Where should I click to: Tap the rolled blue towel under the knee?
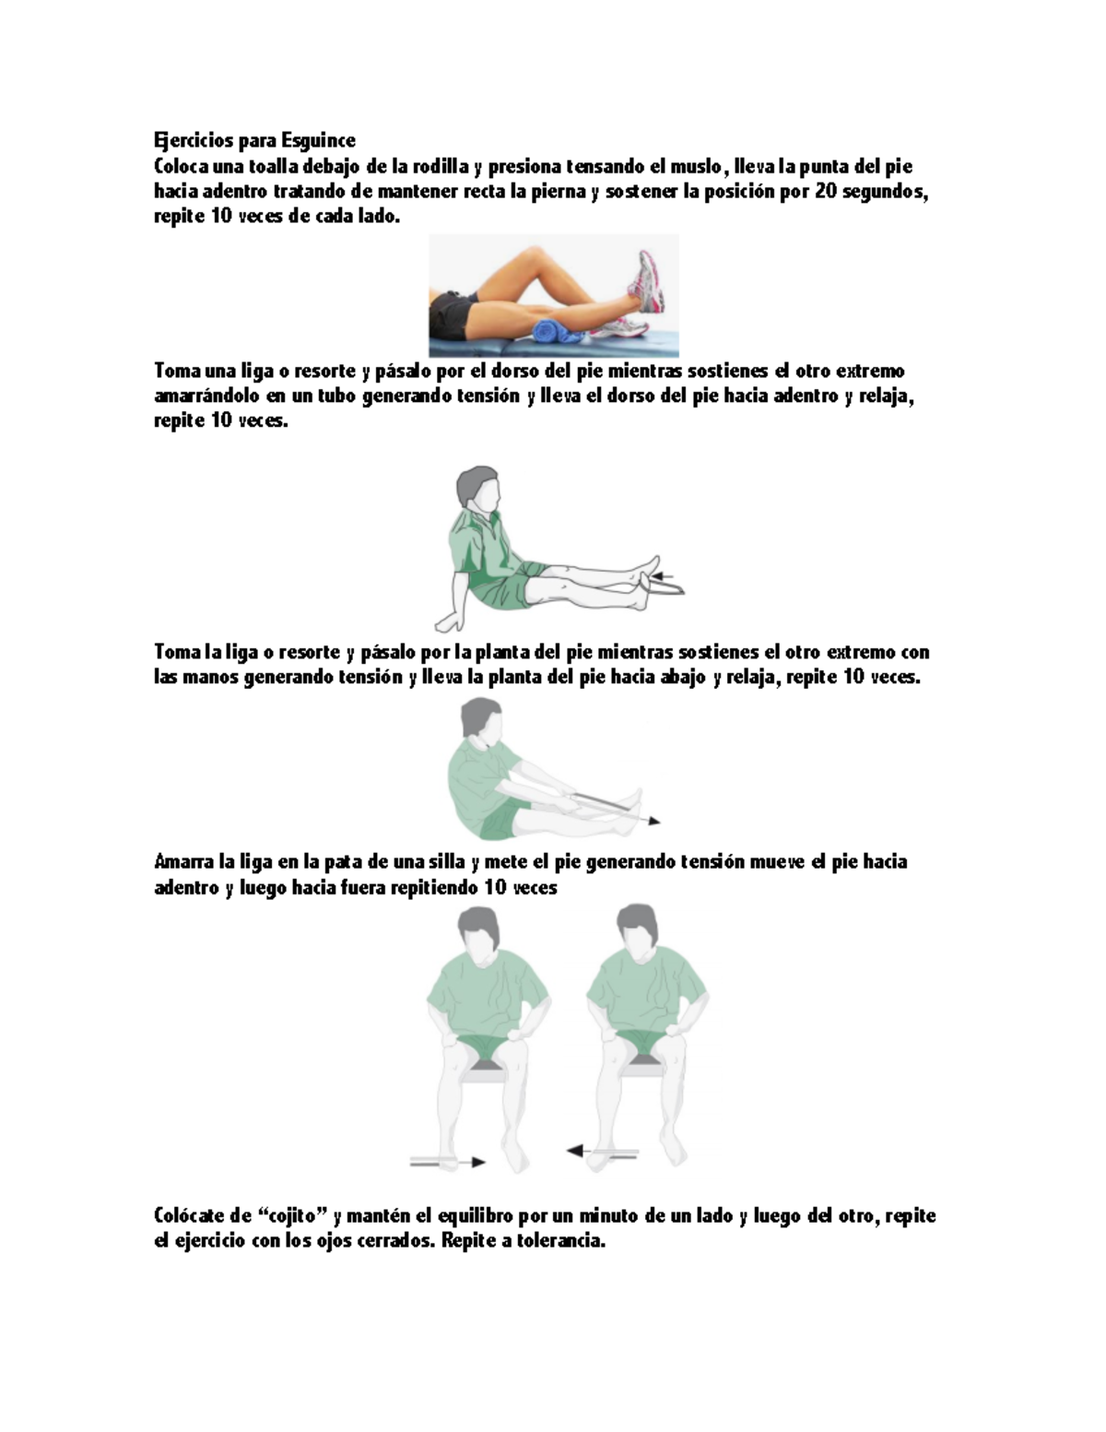point(549,329)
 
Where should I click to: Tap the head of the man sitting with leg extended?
point(478,488)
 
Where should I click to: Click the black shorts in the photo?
point(453,314)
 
